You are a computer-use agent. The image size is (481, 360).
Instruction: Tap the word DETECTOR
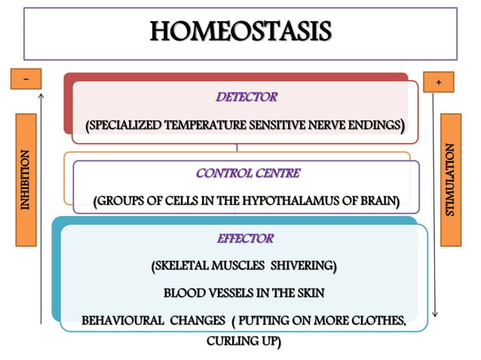click(x=247, y=96)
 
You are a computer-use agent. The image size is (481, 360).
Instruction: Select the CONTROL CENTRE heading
click(x=247, y=173)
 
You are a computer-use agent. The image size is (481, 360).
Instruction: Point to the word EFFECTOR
click(x=245, y=239)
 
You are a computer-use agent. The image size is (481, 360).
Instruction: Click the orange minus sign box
click(x=26, y=78)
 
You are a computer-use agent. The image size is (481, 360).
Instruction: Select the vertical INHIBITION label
click(x=26, y=180)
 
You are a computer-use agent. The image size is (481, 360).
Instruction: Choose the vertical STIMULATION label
click(x=450, y=180)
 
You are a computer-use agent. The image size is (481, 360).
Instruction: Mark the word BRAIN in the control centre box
click(x=376, y=201)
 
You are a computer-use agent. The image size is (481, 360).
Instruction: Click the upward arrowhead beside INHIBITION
click(x=41, y=96)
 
